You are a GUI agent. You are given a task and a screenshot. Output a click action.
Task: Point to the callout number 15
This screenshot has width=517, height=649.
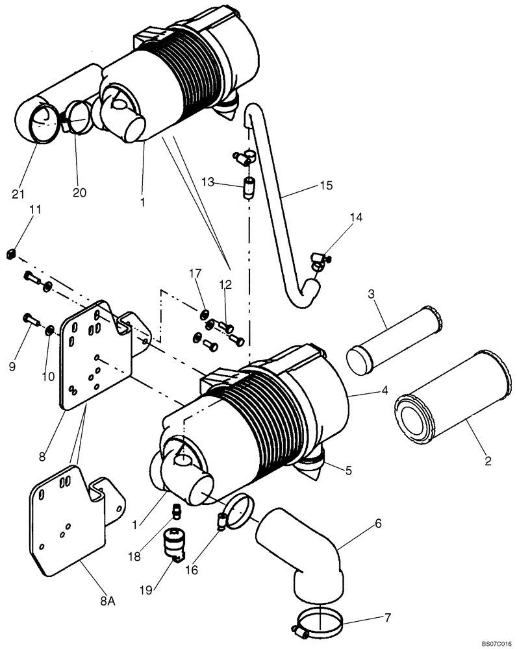tap(326, 186)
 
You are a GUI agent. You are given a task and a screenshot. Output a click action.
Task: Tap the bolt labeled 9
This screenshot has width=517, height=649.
tap(29, 318)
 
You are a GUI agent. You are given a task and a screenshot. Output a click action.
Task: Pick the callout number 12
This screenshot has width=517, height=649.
tap(225, 284)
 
